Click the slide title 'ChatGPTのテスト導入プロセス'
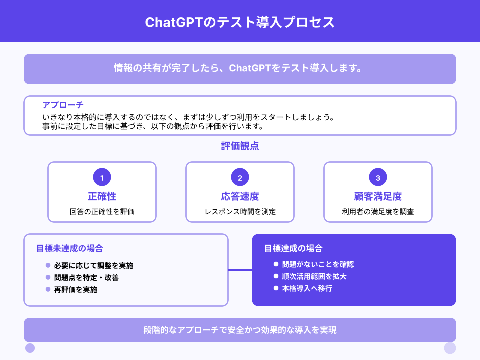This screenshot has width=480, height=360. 240,22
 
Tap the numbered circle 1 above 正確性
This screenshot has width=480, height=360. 102,177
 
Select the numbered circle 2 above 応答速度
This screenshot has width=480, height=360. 240,177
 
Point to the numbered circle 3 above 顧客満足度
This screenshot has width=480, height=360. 378,177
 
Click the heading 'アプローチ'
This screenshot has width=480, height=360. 63,105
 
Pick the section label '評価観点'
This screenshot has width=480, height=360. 240,146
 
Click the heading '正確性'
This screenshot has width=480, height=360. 102,196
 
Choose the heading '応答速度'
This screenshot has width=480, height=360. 240,196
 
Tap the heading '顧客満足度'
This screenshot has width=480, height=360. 378,196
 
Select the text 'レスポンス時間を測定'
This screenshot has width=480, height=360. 240,212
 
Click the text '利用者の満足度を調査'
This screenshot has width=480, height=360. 378,212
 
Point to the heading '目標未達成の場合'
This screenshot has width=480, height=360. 70,248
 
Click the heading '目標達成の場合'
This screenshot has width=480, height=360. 293,248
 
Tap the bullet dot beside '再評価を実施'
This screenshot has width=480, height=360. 48,289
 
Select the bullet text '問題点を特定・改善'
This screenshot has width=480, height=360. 86,277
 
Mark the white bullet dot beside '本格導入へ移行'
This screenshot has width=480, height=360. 276,288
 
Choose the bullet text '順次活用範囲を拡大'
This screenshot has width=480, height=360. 314,276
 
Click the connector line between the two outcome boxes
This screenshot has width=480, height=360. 240,270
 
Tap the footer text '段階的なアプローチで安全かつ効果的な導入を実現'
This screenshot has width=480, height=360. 240,330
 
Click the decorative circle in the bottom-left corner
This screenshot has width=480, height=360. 30,348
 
